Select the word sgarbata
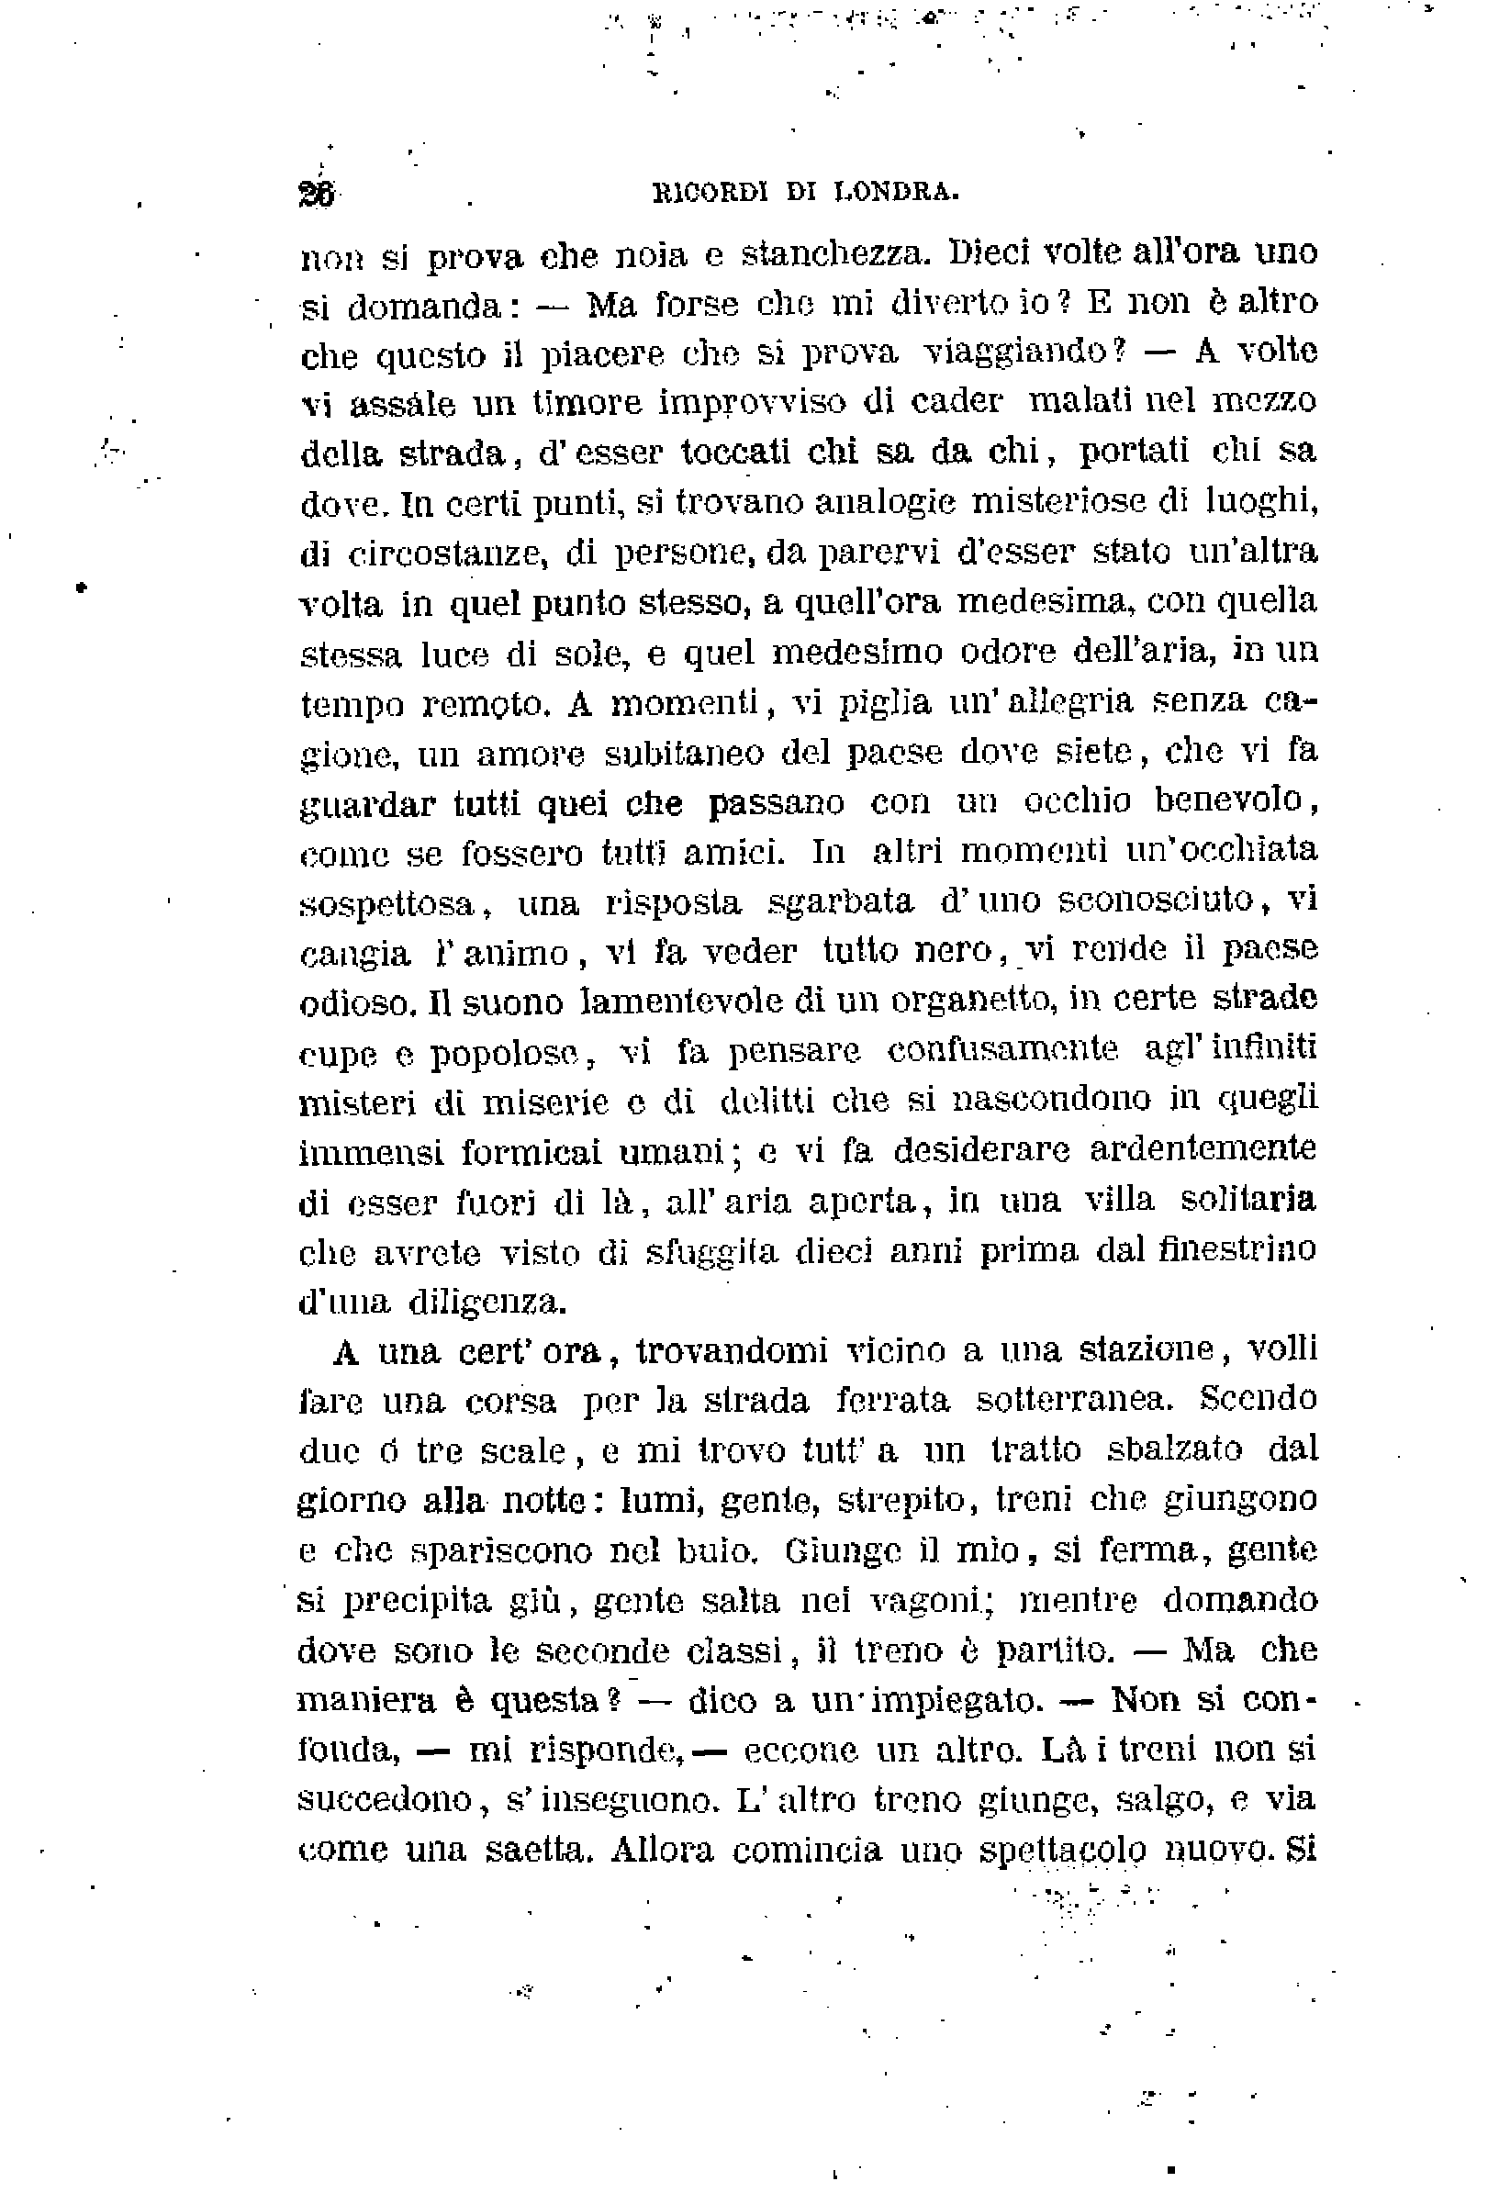840,902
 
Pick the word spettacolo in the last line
1066,1852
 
